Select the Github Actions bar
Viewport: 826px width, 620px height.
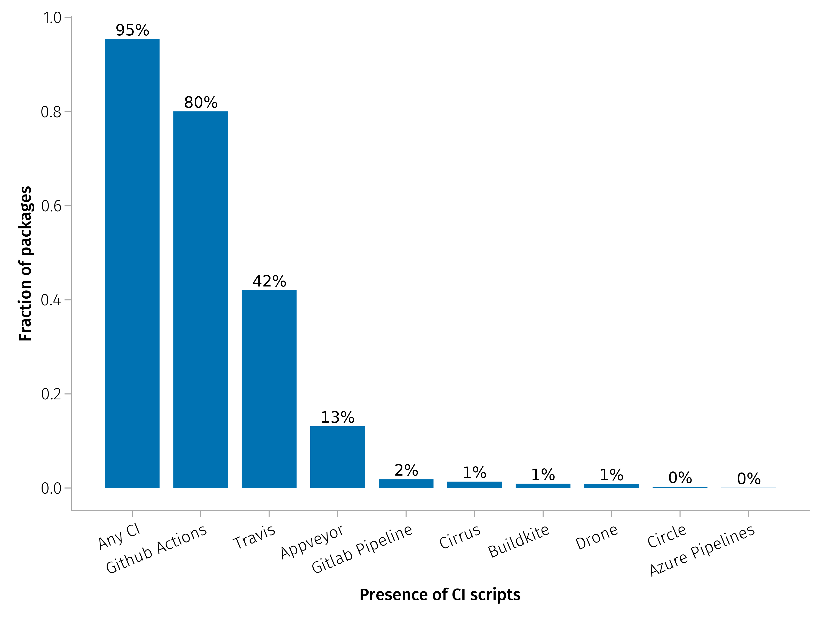pos(201,299)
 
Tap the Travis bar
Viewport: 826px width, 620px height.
pos(269,389)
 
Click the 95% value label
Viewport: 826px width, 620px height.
pos(132,30)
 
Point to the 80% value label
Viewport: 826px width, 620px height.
pos(201,102)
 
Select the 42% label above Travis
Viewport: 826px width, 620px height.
pos(269,281)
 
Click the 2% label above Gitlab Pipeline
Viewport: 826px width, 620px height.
pos(406,470)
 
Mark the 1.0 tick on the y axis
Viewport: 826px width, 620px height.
pos(52,18)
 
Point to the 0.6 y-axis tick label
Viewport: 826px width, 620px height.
pos(51,206)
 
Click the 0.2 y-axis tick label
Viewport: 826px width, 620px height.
pos(51,394)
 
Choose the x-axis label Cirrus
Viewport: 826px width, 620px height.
pos(460,537)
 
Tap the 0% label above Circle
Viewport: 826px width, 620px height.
pos(680,478)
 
